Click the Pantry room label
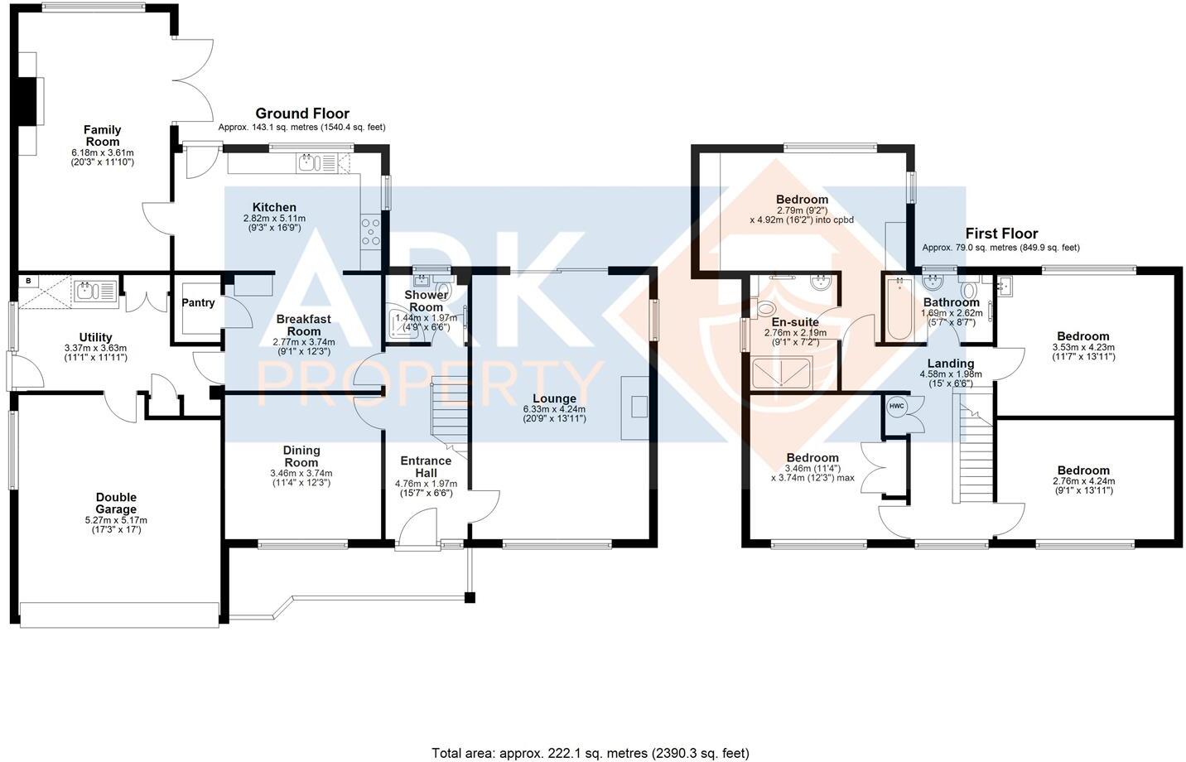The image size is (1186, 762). point(198,303)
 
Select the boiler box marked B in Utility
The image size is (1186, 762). point(29,281)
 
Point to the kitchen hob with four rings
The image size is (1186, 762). point(370,232)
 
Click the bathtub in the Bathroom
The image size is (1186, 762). point(899,311)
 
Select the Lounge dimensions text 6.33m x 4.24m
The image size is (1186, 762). point(554,410)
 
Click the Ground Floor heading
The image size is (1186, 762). point(301,113)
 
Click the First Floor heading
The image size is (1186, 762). point(1000,234)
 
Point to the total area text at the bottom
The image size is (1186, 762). point(590,753)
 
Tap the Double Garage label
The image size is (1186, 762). point(115,504)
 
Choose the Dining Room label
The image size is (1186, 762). point(301,456)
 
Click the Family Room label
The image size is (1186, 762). point(102,136)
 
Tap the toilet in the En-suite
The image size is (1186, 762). point(767,309)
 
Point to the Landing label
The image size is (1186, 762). point(950,363)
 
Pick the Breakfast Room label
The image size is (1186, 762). point(303,325)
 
